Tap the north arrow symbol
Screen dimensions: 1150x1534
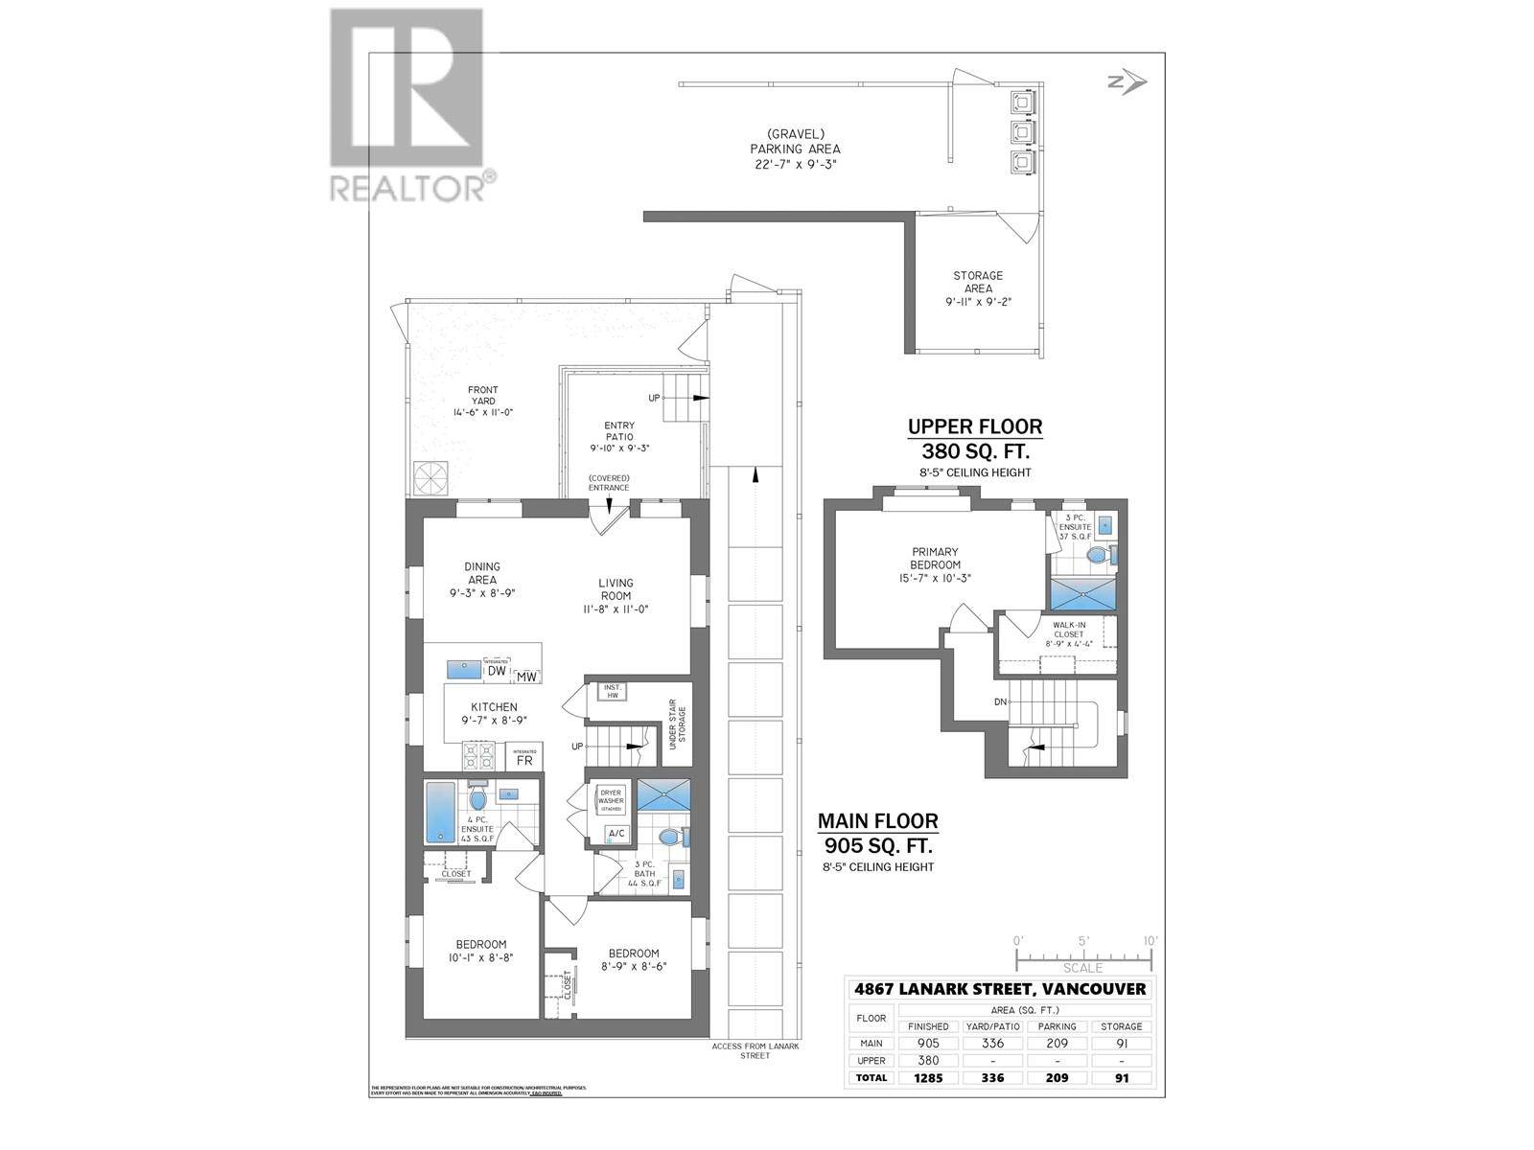click(x=1127, y=83)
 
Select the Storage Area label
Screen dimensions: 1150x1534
click(x=978, y=288)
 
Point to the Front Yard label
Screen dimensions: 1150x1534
click(x=483, y=401)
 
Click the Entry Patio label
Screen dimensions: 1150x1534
click(x=619, y=436)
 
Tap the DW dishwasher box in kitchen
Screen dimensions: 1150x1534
click(x=497, y=671)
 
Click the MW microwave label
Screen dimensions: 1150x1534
click(x=526, y=677)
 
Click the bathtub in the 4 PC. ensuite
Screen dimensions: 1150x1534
click(x=441, y=811)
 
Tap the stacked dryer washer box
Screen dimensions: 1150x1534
click(x=611, y=799)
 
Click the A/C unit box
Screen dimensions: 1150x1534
click(x=616, y=833)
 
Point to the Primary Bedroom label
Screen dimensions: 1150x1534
click(x=935, y=564)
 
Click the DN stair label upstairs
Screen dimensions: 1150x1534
click(x=1000, y=701)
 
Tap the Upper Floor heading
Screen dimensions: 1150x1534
click(x=975, y=426)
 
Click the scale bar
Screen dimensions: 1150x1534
click(x=1086, y=955)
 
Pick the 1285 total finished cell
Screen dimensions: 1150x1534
click(x=928, y=1077)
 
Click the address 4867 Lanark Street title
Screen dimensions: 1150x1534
click(x=1000, y=989)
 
